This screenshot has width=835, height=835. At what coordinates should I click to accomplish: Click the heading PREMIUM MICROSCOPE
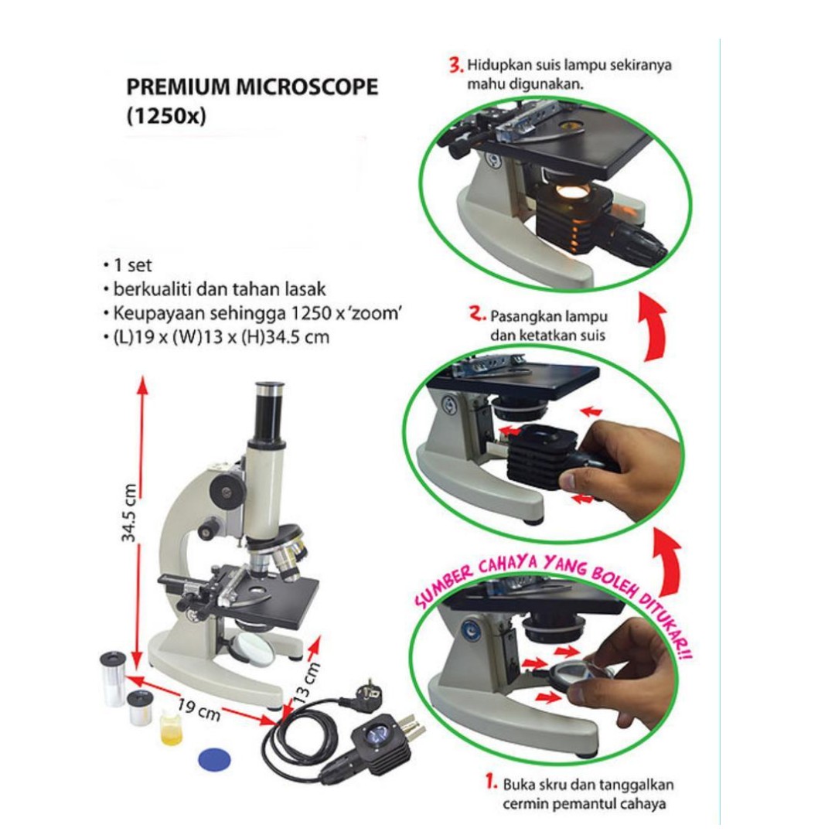[x=252, y=87]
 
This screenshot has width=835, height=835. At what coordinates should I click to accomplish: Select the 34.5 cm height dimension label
[x=131, y=512]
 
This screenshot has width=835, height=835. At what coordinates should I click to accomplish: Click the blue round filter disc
[x=216, y=757]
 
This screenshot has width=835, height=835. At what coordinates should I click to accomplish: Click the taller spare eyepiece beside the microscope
[x=113, y=678]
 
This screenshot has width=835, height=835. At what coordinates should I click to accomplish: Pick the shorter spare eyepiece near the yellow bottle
[x=141, y=707]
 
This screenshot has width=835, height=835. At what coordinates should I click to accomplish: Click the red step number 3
[x=456, y=65]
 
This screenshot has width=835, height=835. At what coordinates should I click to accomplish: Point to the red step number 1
[x=490, y=782]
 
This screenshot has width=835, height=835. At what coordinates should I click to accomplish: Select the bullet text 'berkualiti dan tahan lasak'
[x=219, y=290]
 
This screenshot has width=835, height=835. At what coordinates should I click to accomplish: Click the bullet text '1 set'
[x=131, y=265]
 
